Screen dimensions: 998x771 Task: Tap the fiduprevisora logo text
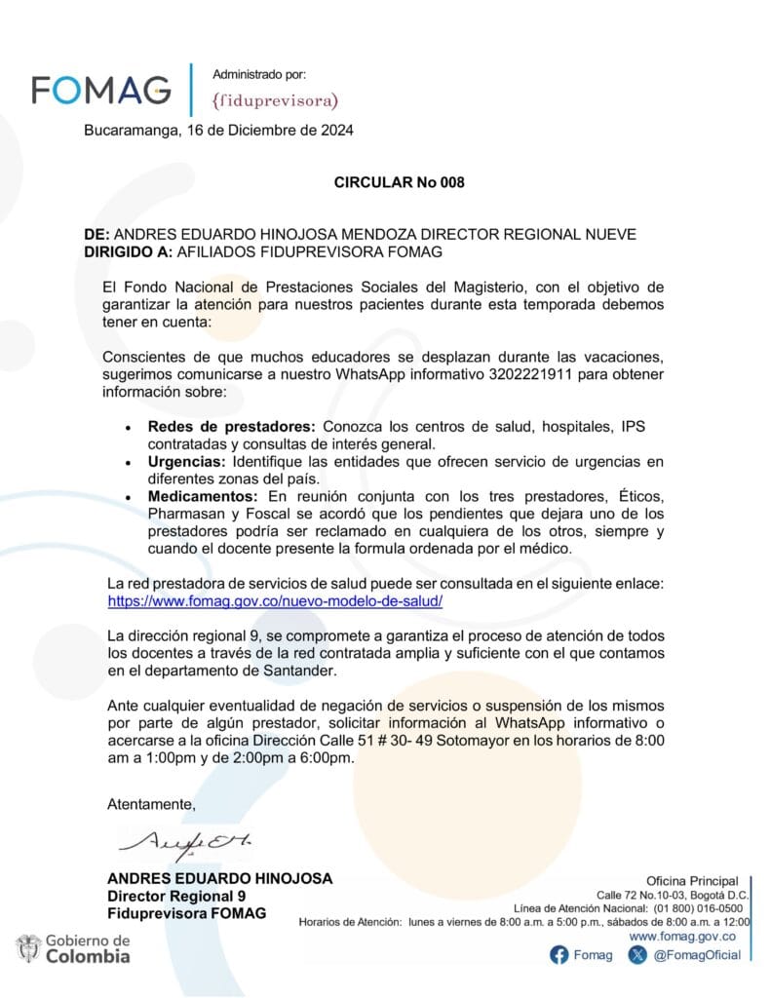275,99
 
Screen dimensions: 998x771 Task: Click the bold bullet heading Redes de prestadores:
232,428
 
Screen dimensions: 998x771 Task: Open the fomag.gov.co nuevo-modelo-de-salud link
275,601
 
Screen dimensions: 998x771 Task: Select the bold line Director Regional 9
176,896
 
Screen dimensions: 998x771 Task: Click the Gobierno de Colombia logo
73,948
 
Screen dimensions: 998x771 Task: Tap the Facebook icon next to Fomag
559,955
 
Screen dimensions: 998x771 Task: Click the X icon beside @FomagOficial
637,955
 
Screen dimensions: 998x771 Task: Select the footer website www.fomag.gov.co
682,936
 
